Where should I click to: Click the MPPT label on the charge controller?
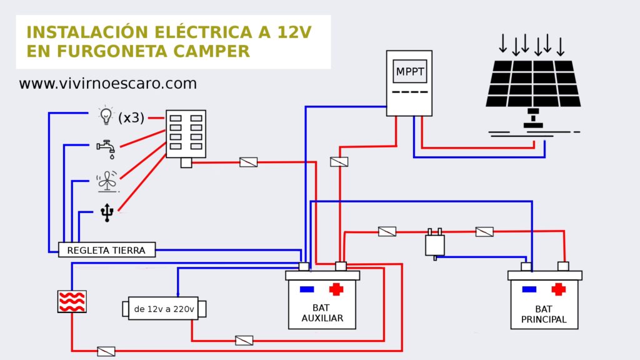(x=409, y=72)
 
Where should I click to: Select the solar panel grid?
(x=533, y=83)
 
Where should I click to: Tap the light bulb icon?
(x=106, y=116)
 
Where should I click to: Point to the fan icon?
(x=106, y=182)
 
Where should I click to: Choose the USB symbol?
(x=107, y=213)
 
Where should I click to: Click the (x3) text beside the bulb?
(x=131, y=117)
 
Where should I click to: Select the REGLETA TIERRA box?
(x=106, y=250)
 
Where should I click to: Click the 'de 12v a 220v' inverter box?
(x=164, y=309)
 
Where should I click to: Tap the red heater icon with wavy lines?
(x=71, y=301)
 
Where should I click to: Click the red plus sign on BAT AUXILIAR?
(x=336, y=289)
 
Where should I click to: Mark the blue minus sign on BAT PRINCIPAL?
(x=529, y=289)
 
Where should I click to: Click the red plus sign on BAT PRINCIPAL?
(x=558, y=289)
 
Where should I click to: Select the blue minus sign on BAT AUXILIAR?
(x=307, y=289)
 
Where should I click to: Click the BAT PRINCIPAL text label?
(x=543, y=314)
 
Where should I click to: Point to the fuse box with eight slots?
(x=186, y=134)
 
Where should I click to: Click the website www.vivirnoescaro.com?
(x=107, y=83)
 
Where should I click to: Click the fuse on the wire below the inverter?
(x=244, y=341)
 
